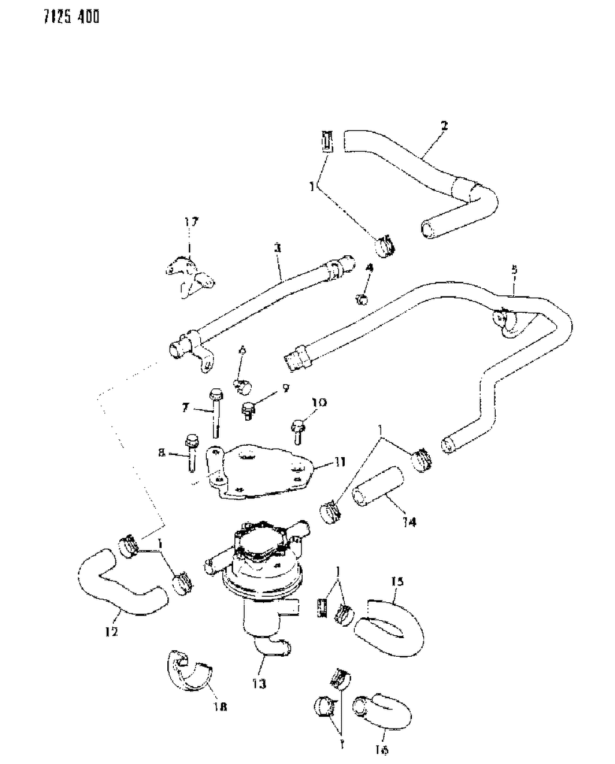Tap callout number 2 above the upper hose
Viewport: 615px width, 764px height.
click(444, 126)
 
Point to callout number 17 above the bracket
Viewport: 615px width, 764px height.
click(191, 223)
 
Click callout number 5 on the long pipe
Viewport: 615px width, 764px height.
click(514, 270)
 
